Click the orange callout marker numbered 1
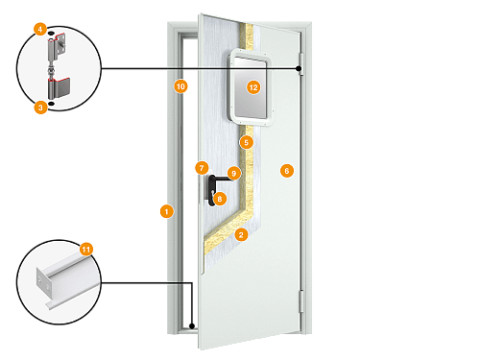pyautogui.click(x=166, y=210)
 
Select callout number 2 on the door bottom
pyautogui.click(x=241, y=233)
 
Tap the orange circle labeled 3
pyautogui.click(x=40, y=108)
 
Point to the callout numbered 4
pyautogui.click(x=40, y=30)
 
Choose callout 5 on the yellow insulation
pyautogui.click(x=246, y=142)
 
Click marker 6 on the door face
pyautogui.click(x=285, y=170)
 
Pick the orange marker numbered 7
pyautogui.click(x=201, y=168)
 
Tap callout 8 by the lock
pyautogui.click(x=219, y=199)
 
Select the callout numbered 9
pyautogui.click(x=233, y=174)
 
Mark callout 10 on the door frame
pyautogui.click(x=180, y=86)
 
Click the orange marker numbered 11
pyautogui.click(x=86, y=249)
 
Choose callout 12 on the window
pyautogui.click(x=253, y=86)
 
